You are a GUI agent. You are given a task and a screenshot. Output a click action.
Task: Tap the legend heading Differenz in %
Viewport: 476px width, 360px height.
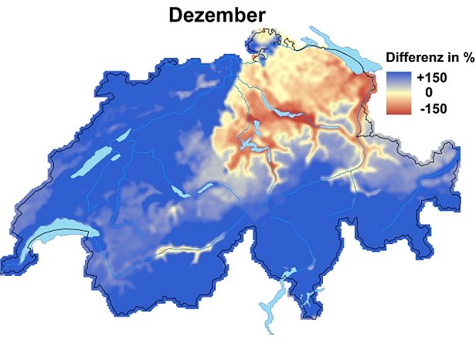coord(429,57)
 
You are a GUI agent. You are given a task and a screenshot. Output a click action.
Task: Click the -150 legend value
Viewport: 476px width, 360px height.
coord(431,107)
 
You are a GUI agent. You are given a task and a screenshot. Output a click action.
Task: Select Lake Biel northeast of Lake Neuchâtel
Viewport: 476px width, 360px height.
coord(122,135)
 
